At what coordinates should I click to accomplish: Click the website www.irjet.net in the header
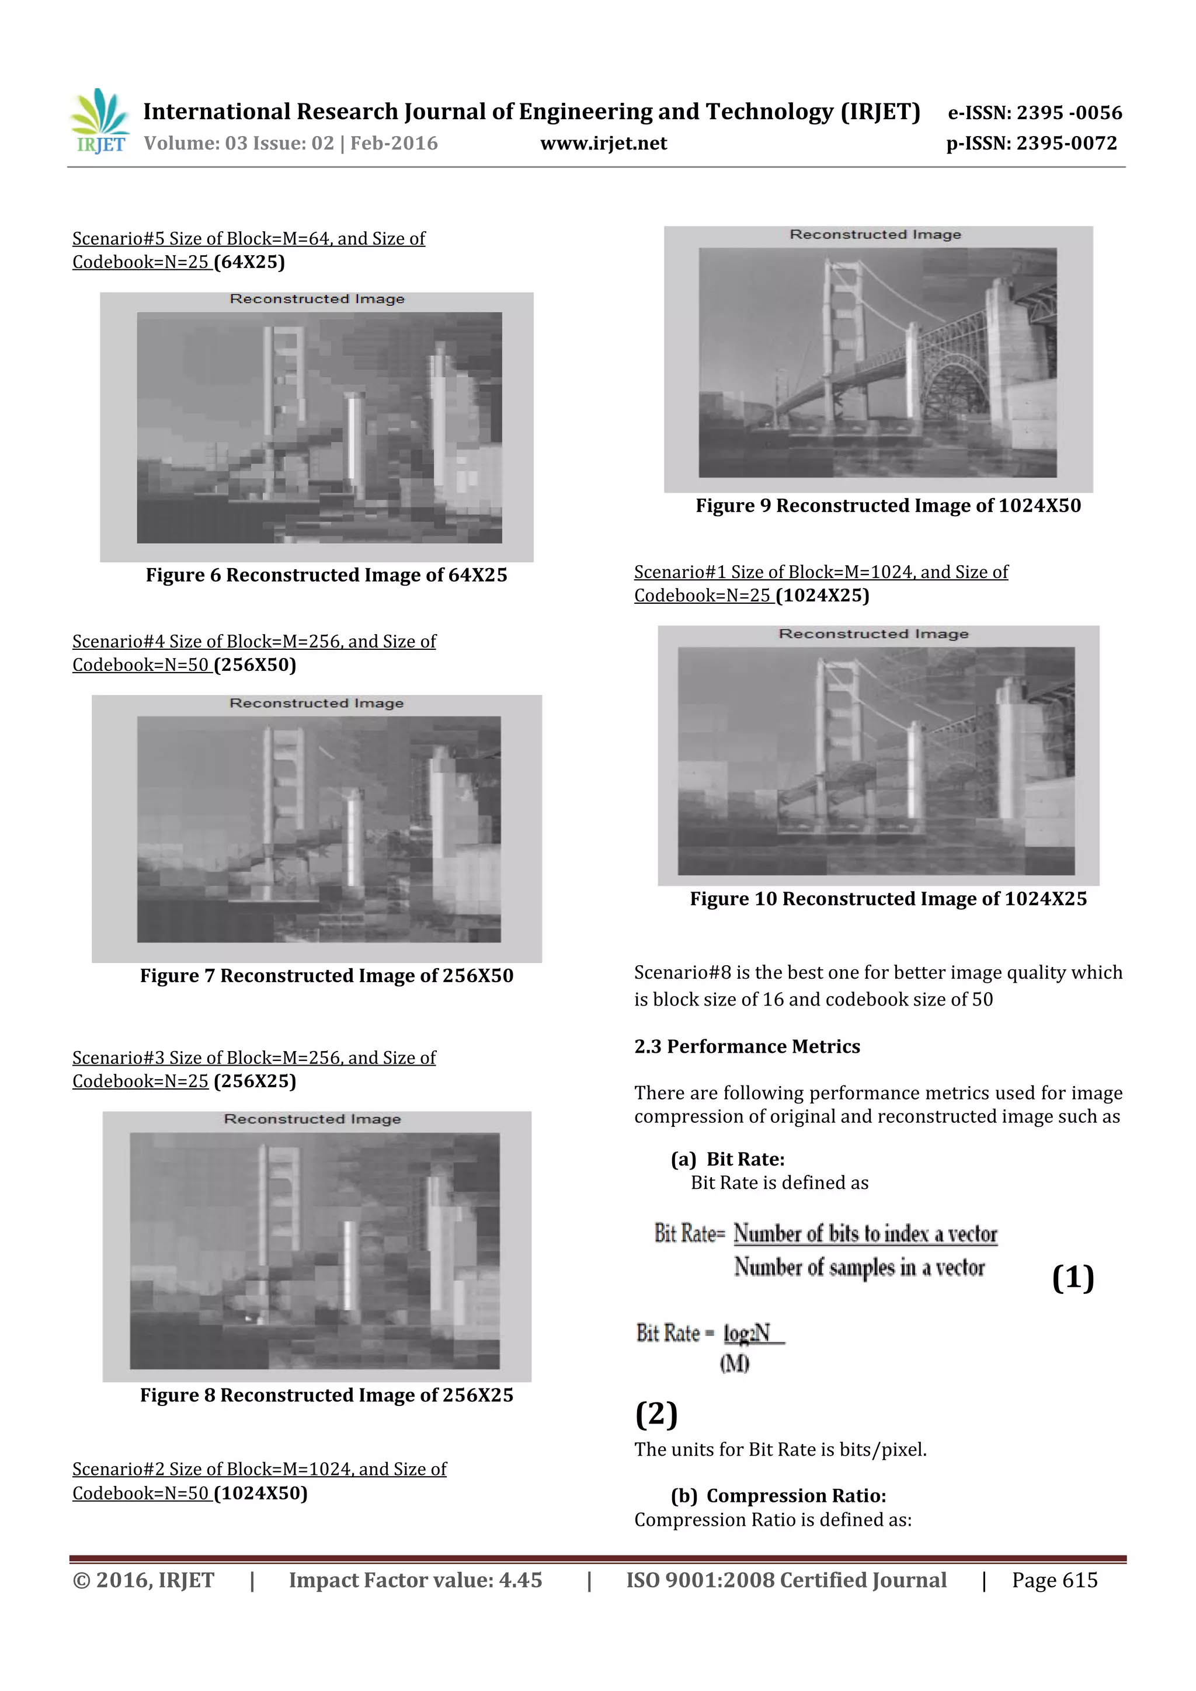[x=603, y=144]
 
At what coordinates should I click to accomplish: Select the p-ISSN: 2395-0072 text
[x=1031, y=144]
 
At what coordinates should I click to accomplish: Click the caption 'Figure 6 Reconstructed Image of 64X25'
[x=326, y=575]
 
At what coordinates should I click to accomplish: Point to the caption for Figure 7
[x=326, y=976]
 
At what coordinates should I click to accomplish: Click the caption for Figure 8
[x=326, y=1395]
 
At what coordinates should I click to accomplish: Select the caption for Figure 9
[x=888, y=506]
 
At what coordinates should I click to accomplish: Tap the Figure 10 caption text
[x=888, y=899]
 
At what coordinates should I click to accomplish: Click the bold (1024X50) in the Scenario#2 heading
[x=260, y=1493]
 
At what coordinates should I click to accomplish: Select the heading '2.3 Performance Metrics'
[x=747, y=1046]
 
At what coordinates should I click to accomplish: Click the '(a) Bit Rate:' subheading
[x=727, y=1159]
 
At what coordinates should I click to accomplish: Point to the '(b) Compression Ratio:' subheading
[x=778, y=1496]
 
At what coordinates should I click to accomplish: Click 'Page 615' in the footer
[x=1054, y=1580]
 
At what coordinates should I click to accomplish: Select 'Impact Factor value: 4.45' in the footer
[x=415, y=1580]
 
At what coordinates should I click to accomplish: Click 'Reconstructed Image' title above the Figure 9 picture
[x=875, y=235]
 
